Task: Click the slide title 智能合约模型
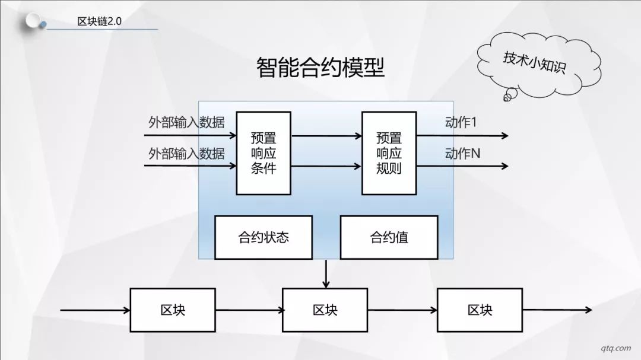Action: (320, 68)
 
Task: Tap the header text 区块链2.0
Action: (99, 21)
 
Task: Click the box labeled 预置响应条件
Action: (264, 153)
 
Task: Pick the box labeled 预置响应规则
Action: (389, 153)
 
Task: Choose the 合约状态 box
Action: (264, 237)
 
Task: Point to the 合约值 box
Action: (389, 237)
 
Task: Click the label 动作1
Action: (461, 122)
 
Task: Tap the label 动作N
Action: (462, 154)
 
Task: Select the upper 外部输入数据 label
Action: (186, 122)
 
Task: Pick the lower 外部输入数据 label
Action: (186, 154)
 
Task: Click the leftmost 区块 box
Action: (173, 310)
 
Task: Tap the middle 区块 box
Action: (325, 310)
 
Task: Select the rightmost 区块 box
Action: (480, 310)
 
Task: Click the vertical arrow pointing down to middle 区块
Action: (326, 274)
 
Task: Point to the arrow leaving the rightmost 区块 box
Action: (557, 310)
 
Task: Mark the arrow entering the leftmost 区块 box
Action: (95, 310)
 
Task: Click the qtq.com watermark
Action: (615, 348)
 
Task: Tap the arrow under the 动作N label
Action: (462, 166)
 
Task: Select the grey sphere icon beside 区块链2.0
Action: (33, 21)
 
